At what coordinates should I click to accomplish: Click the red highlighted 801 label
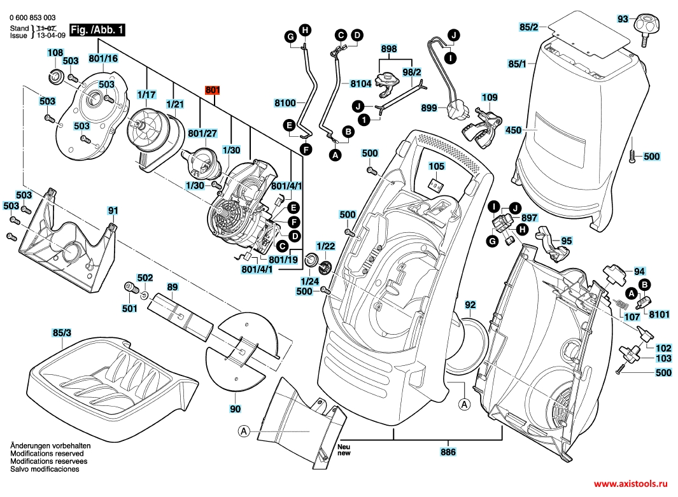point(211,90)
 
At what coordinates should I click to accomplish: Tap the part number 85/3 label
point(62,333)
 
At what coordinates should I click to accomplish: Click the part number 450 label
point(513,130)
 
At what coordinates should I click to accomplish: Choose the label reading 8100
point(285,102)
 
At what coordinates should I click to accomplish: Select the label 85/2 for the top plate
point(528,27)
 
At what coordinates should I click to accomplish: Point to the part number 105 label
point(435,166)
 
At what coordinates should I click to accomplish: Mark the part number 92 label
point(470,305)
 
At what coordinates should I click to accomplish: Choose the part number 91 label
point(113,210)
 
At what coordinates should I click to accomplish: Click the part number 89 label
point(172,288)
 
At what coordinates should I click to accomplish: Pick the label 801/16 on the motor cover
point(102,58)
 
